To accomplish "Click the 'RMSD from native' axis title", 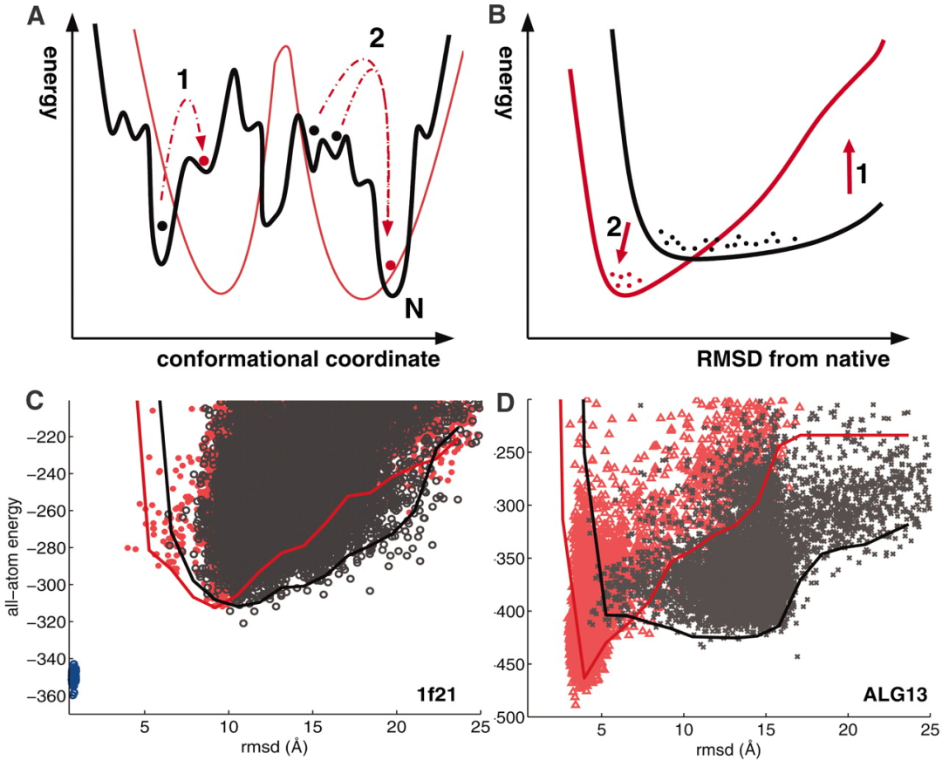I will pyautogui.click(x=783, y=359).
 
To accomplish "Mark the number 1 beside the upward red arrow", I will pyautogui.click(x=862, y=175).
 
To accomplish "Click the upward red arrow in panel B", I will pyautogui.click(x=846, y=167).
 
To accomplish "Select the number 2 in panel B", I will pyautogui.click(x=614, y=229).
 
